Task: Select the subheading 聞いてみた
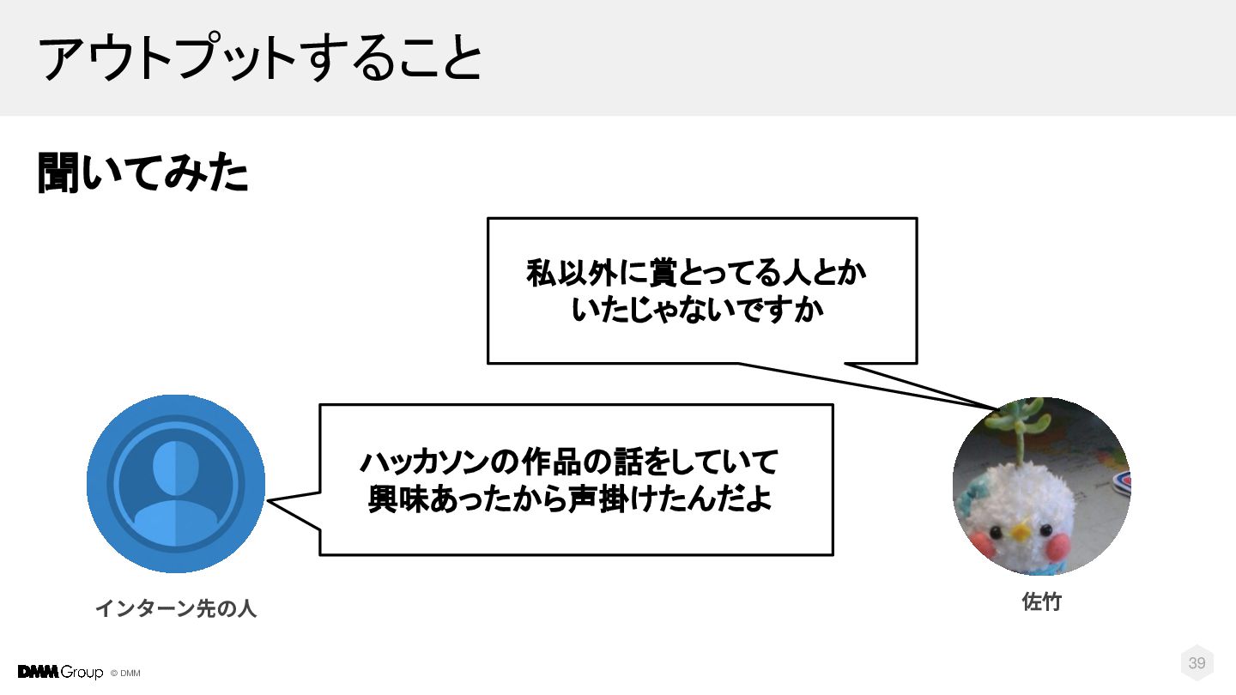click(x=142, y=173)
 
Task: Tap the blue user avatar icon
click(x=176, y=483)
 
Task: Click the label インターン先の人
click(x=175, y=609)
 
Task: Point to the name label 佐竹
click(x=1041, y=602)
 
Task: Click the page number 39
click(x=1197, y=663)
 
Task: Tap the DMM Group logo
click(x=60, y=672)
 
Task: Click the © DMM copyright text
click(x=125, y=674)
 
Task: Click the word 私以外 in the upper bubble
click(x=568, y=275)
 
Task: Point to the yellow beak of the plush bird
click(x=1020, y=532)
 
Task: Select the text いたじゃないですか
click(x=697, y=311)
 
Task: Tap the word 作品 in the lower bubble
click(x=538, y=462)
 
